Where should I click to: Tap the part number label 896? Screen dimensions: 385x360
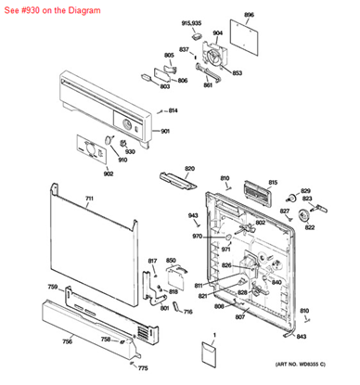(x=249, y=16)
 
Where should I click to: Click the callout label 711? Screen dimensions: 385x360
(x=89, y=199)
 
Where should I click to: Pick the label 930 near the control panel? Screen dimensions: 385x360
(x=130, y=152)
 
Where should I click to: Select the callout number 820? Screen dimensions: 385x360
(x=189, y=168)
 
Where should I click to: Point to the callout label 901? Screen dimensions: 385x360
(x=165, y=131)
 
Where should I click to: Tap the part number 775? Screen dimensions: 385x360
(x=142, y=369)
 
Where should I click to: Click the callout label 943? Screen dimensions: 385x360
(x=193, y=216)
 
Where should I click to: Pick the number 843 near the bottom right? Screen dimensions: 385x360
(x=328, y=336)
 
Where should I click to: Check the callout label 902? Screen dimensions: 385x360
(x=83, y=173)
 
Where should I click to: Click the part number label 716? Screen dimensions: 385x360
(x=188, y=312)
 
